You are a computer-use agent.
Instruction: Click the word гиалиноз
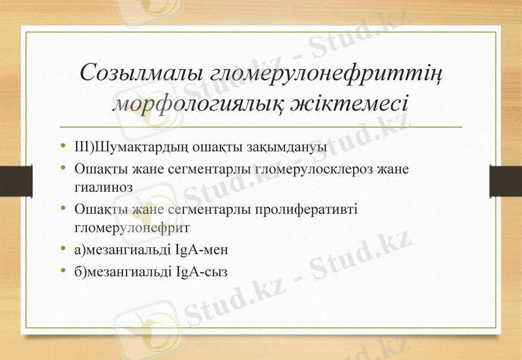[104, 187]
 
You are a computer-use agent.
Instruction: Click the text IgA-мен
[202, 249]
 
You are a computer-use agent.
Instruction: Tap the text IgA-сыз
[202, 271]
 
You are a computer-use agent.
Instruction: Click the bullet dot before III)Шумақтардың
[62, 146]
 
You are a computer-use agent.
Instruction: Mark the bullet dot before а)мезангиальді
[62, 249]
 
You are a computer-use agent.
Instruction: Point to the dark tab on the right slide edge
[506, 180]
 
